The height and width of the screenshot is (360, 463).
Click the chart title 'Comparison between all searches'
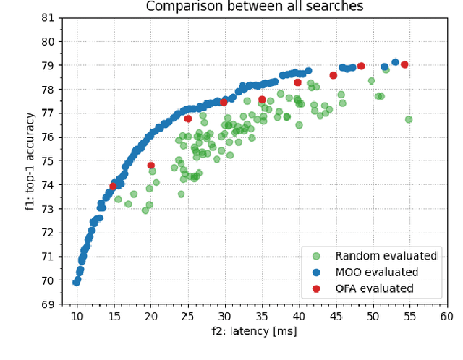(255, 7)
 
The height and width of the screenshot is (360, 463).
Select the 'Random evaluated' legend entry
(386, 256)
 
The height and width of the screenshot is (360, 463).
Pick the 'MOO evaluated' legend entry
(376, 273)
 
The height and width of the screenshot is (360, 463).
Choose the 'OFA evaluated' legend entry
(374, 288)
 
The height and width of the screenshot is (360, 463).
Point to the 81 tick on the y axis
(50, 17)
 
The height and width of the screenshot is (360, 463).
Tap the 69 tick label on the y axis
(50, 304)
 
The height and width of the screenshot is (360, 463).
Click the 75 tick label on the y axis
(50, 160)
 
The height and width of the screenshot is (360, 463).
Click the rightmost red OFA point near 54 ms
(404, 65)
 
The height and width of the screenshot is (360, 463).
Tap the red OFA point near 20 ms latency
(150, 166)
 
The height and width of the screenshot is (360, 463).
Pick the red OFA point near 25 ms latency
(188, 119)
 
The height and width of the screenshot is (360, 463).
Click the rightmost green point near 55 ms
(409, 119)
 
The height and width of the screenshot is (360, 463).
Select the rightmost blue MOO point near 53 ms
(395, 63)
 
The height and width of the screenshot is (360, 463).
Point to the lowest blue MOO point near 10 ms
(76, 282)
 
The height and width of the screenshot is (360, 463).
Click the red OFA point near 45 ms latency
(334, 75)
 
